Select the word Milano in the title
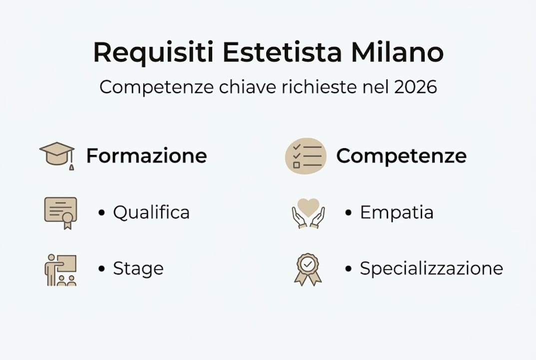tap(397, 52)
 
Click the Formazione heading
tap(146, 156)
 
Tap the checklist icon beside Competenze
tap(305, 156)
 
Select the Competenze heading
tap(401, 156)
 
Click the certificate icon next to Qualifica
tap(60, 212)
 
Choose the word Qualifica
tap(151, 212)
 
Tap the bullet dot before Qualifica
tap(102, 213)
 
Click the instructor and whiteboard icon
tap(60, 270)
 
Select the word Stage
tap(138, 269)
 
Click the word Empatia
tap(397, 212)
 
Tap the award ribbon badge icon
tap(308, 269)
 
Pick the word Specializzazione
tap(431, 269)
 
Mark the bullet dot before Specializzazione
tap(349, 269)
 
